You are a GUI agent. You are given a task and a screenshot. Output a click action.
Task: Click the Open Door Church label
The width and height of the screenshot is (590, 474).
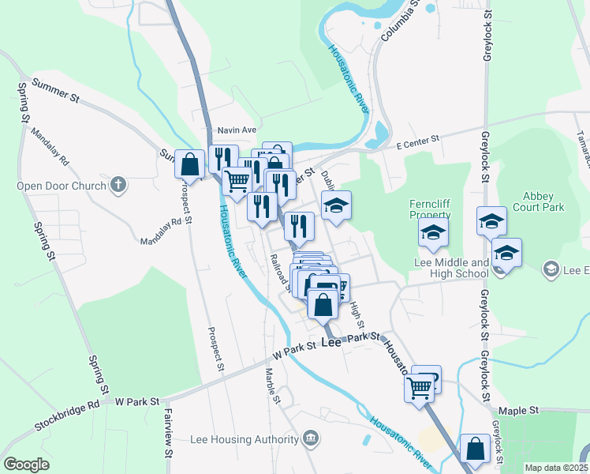click(62, 186)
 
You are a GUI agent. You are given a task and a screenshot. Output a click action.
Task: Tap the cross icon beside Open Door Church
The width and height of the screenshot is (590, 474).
click(118, 185)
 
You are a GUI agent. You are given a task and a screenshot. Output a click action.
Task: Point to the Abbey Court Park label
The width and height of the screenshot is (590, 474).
click(543, 201)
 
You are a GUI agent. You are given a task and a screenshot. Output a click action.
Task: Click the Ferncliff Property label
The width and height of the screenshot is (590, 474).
click(430, 209)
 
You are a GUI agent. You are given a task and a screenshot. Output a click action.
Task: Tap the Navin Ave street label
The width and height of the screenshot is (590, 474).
click(238, 130)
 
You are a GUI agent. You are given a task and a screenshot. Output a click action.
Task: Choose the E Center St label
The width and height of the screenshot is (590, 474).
click(417, 140)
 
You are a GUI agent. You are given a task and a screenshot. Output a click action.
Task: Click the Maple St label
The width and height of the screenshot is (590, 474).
click(518, 411)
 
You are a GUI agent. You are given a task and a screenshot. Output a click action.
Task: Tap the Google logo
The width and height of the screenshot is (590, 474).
click(26, 465)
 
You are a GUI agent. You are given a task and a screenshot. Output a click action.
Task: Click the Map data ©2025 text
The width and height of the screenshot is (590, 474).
click(556, 468)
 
